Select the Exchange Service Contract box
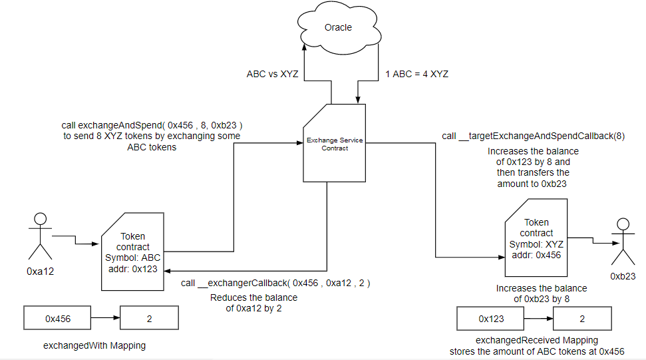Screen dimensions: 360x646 point(327,144)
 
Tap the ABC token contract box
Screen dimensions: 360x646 point(132,252)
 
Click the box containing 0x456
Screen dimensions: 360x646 point(58,319)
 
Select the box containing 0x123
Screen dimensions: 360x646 point(491,319)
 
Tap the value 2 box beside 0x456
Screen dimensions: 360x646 point(149,319)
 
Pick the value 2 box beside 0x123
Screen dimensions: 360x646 point(582,319)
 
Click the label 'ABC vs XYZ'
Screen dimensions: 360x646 point(272,74)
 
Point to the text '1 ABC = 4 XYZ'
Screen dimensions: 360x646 point(417,74)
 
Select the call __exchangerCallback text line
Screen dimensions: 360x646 point(275,283)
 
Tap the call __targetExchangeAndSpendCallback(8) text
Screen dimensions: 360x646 point(533,136)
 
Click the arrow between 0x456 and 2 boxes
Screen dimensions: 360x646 point(105,319)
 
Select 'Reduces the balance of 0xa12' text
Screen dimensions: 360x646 point(253,302)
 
